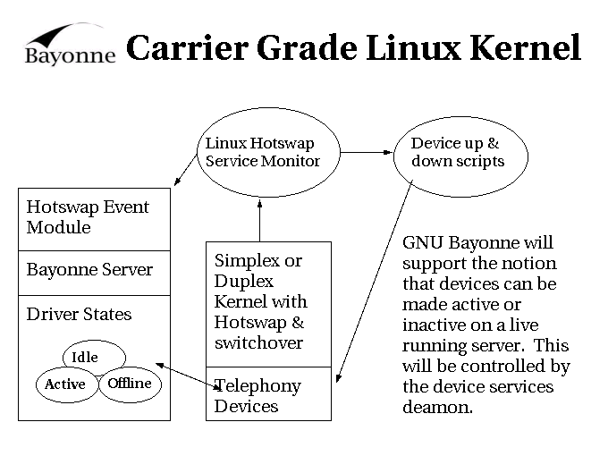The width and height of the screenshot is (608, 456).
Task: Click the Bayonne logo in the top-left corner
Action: click(69, 45)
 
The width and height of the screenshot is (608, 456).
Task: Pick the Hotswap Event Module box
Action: click(94, 218)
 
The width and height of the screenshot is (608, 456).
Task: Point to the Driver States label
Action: click(79, 315)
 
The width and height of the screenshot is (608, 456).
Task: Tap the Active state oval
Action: click(65, 384)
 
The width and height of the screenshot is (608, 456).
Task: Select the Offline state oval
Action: click(130, 384)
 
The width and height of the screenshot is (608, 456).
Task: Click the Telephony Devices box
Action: click(268, 394)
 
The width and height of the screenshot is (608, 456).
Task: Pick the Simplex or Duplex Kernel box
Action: click(268, 302)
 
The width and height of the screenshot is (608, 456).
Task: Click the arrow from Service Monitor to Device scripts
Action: click(367, 153)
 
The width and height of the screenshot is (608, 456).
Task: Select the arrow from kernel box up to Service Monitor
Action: click(258, 220)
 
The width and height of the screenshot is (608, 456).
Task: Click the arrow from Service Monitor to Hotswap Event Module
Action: click(186, 168)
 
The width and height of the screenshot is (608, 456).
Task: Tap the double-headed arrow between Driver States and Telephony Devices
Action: click(188, 374)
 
